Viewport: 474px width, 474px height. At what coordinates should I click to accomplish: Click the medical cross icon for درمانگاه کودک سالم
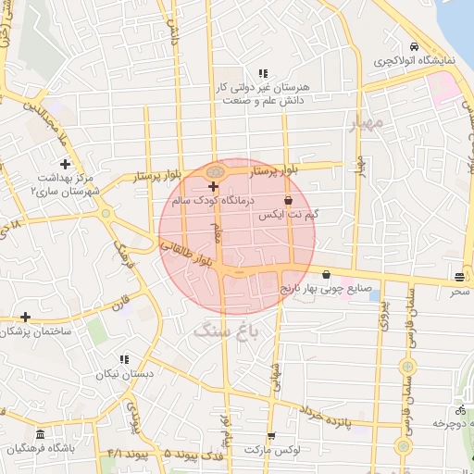click(x=213, y=186)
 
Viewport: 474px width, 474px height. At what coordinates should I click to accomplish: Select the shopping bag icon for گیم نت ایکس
click(x=288, y=199)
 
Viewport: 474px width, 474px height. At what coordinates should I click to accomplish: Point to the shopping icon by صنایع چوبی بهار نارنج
click(x=326, y=274)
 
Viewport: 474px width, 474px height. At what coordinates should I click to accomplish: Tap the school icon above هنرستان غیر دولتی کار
click(x=264, y=72)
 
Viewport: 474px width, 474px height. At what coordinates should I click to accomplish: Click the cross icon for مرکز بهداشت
click(x=65, y=164)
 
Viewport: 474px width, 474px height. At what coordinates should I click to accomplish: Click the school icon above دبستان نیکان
click(x=126, y=360)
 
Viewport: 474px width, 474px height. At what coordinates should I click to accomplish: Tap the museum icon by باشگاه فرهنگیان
click(x=40, y=434)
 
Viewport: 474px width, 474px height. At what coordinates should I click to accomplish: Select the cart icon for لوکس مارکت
click(x=270, y=435)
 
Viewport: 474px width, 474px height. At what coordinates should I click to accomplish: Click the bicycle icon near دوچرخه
click(x=459, y=410)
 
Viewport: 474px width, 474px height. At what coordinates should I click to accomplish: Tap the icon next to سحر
click(x=459, y=278)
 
